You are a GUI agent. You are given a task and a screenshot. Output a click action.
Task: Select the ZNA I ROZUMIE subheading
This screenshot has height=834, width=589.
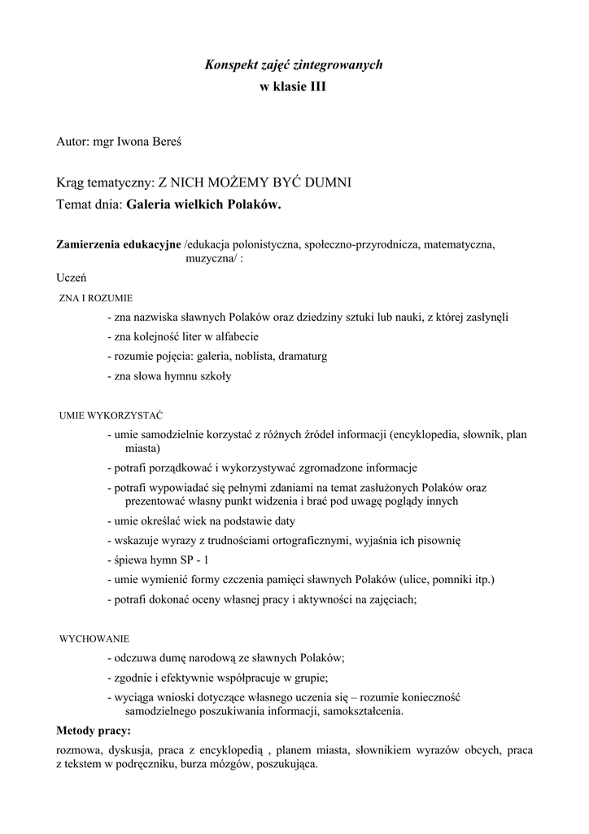click(x=97, y=298)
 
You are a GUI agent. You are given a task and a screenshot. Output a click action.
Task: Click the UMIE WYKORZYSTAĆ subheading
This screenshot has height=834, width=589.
click(x=111, y=415)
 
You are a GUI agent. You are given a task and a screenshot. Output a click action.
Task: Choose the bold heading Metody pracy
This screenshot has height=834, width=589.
click(x=94, y=729)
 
